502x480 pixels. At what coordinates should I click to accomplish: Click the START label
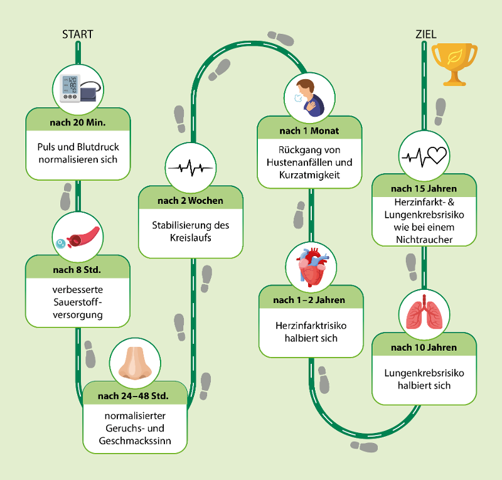pos(77,35)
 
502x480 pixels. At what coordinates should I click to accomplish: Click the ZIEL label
pos(426,35)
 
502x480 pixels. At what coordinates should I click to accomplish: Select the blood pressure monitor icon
pos(82,88)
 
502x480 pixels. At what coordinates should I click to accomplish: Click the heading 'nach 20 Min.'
pos(78,122)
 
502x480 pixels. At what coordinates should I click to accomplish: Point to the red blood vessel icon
pos(78,238)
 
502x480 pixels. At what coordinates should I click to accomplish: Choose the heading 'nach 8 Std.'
pos(77,270)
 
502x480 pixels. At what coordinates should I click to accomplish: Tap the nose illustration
pos(135,363)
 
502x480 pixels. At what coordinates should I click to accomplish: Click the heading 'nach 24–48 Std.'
pos(133,396)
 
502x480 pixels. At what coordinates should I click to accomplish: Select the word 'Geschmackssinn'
pos(135,441)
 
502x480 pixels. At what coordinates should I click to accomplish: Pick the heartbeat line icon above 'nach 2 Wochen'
pos(191,168)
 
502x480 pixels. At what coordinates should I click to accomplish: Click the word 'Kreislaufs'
pos(191,238)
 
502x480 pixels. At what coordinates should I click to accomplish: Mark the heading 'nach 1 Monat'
pos(309,131)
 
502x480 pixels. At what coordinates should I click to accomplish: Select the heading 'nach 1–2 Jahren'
pos(309,300)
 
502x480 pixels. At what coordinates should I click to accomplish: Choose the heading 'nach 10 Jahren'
pos(424,348)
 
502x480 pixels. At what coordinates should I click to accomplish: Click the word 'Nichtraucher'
pos(424,240)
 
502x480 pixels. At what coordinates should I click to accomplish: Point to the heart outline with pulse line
pos(425,157)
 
